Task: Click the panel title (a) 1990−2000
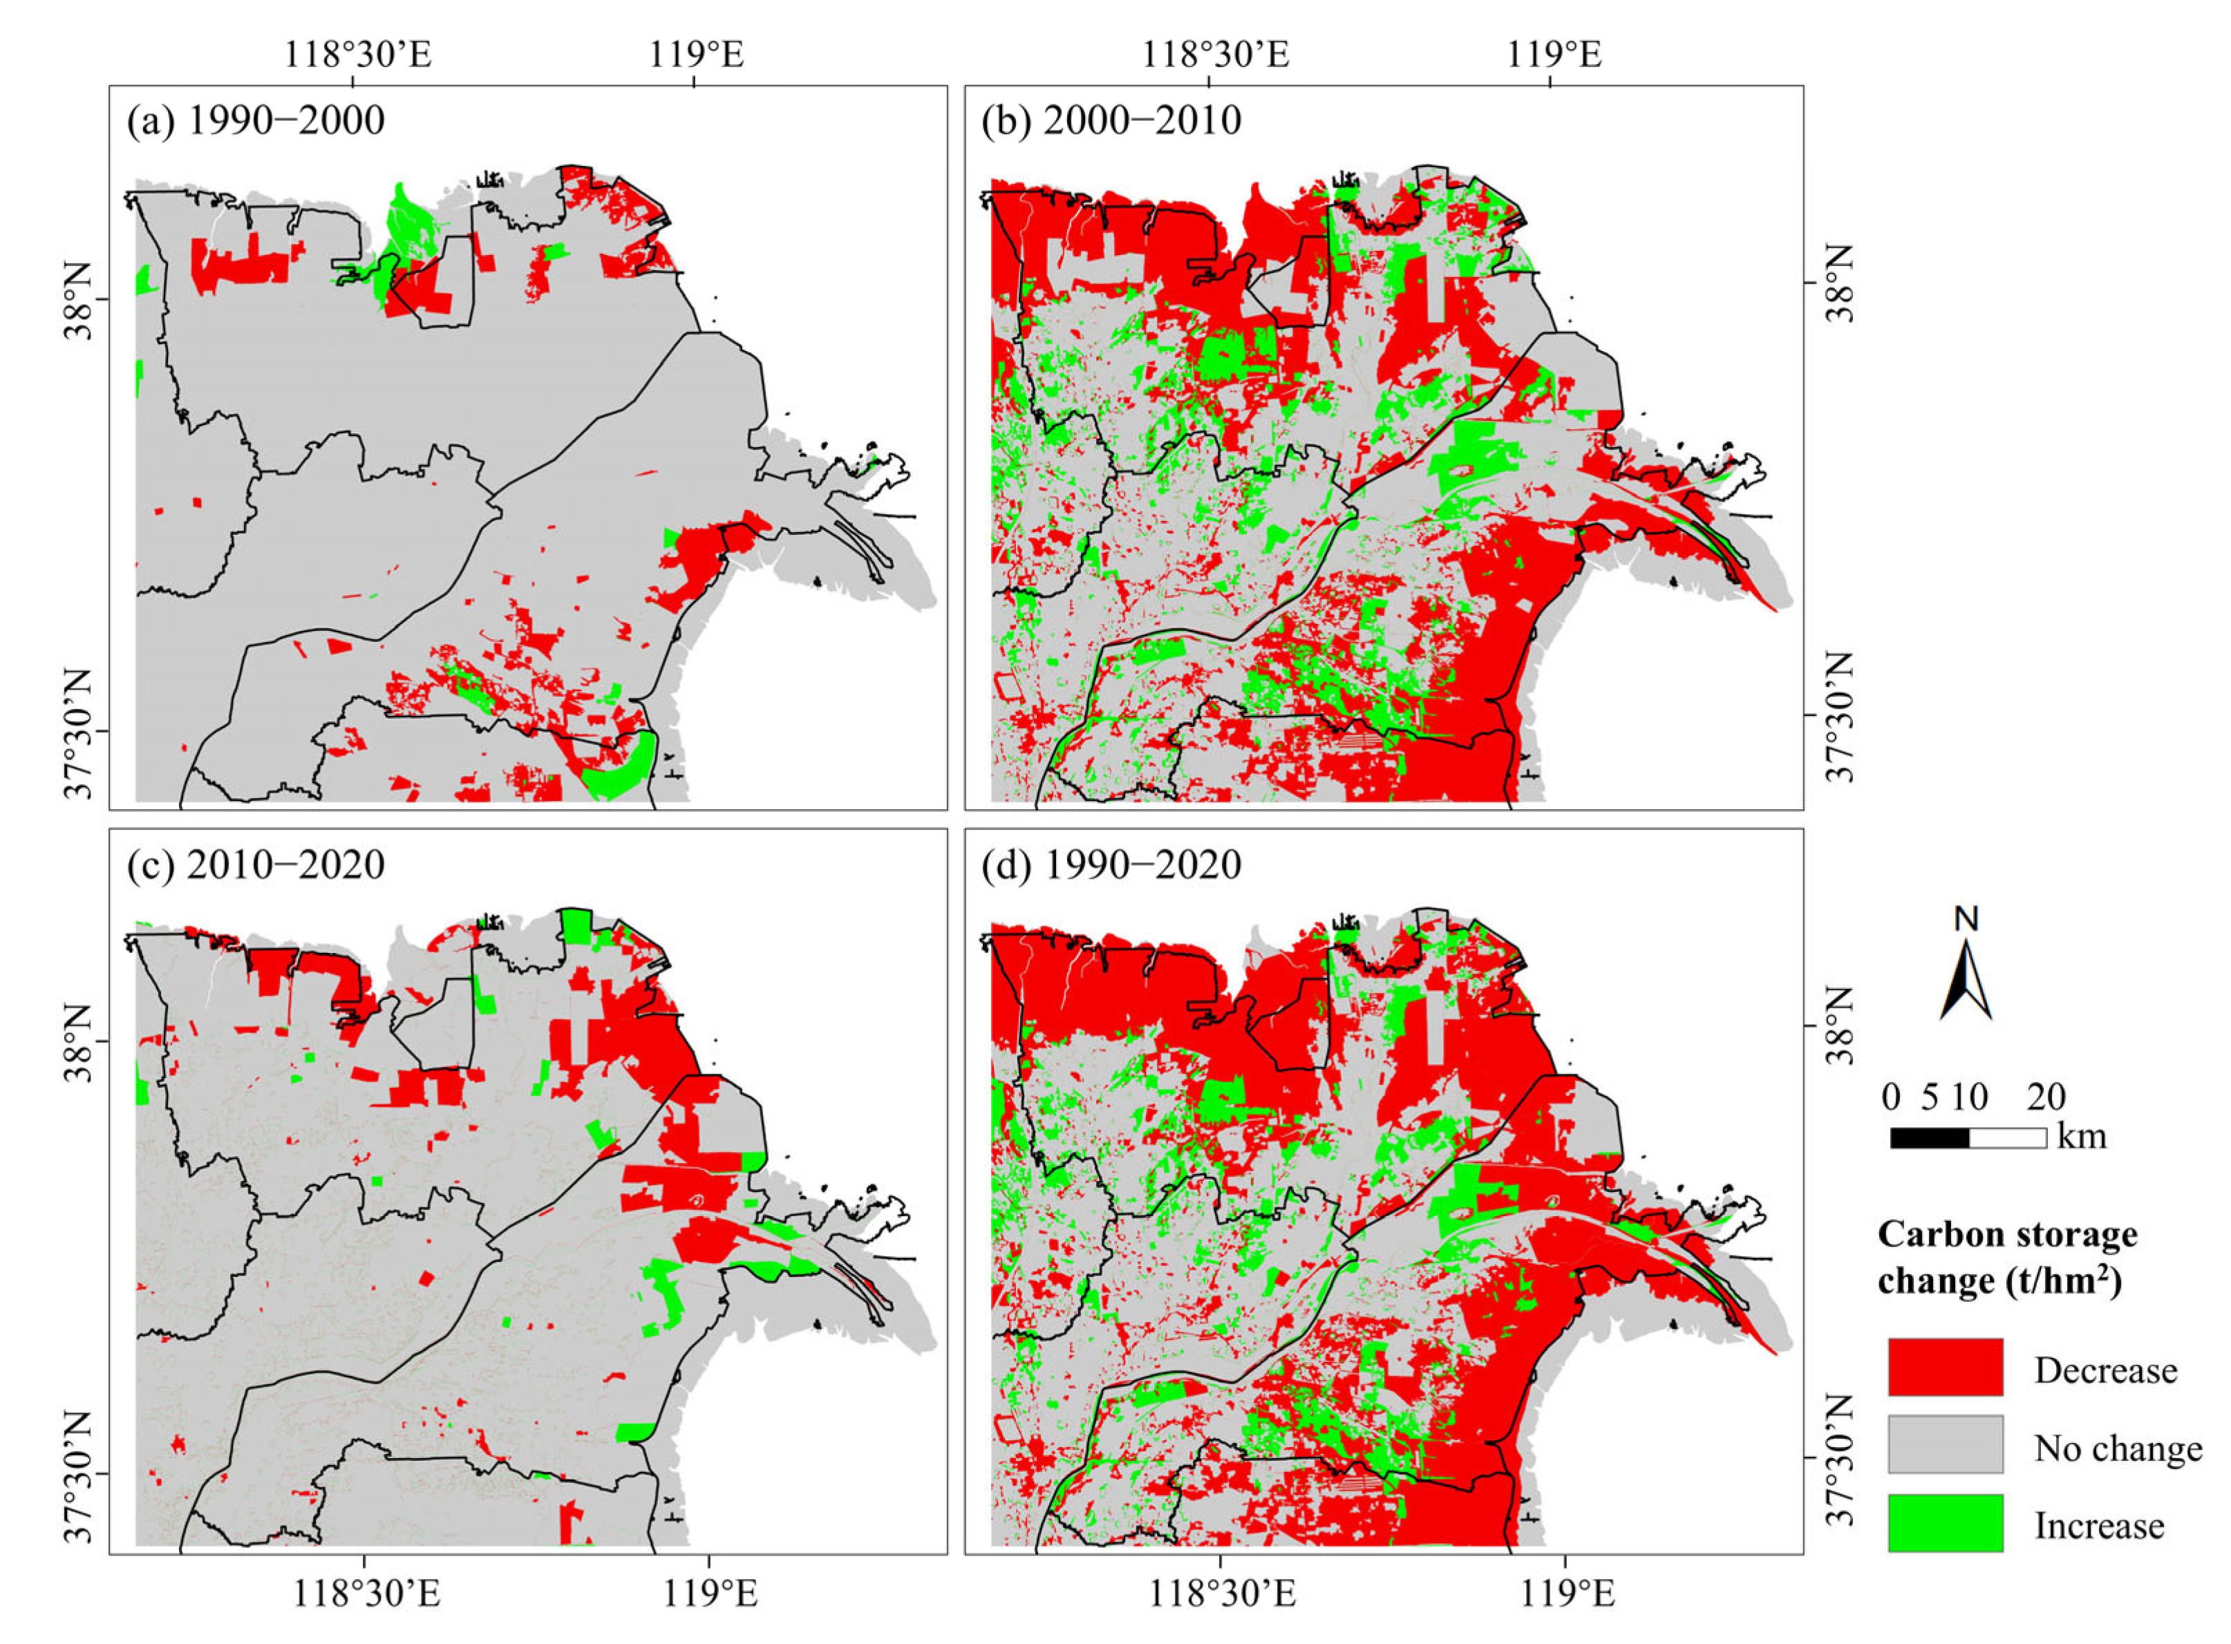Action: pos(256,120)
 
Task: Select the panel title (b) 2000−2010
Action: pos(1111,120)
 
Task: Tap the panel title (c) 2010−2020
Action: pos(256,864)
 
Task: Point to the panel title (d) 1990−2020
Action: pos(1111,864)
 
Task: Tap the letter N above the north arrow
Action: pos(1966,918)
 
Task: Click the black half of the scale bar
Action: pos(1928,1137)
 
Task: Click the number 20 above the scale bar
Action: pos(2046,1097)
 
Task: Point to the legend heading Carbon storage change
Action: pos(2006,1257)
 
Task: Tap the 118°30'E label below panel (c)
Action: pos(366,1595)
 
